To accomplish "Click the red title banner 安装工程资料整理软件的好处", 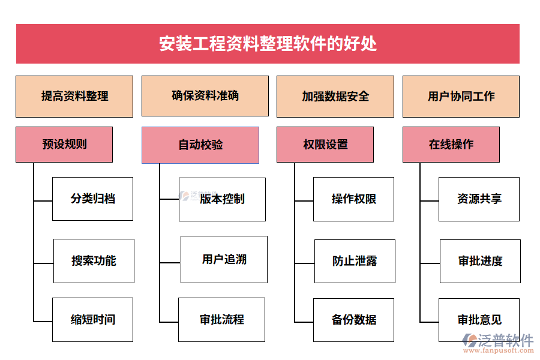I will (268, 44).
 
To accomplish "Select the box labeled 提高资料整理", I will (74, 96).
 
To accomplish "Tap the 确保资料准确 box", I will (205, 96).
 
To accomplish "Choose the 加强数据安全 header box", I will (335, 96).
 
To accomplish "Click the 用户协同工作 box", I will (461, 96).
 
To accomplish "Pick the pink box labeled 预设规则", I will (64, 144).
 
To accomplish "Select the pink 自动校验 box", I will (200, 145).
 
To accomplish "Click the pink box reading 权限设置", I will (325, 144).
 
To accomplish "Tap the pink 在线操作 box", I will (451, 144).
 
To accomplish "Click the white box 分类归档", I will (93, 199).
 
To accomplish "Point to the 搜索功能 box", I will (94, 261).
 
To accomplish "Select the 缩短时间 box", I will (93, 319).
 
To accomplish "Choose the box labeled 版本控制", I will (222, 199).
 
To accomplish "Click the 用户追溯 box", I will (224, 259).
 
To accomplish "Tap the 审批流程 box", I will (222, 319).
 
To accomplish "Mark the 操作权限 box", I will (354, 199).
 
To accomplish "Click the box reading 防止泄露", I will (355, 261).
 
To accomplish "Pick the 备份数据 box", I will (354, 319).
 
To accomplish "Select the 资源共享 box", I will (479, 199).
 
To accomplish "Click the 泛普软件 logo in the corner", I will (498, 343).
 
